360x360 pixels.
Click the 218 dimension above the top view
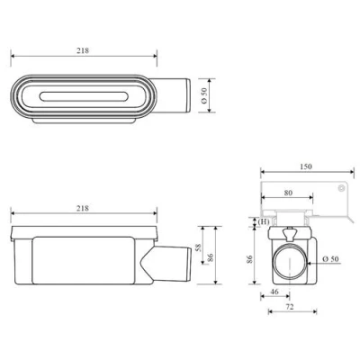point(83,50)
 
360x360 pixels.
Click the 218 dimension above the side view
point(83,208)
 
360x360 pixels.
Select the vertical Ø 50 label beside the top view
point(204,95)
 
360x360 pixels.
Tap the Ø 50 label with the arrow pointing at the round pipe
point(331,259)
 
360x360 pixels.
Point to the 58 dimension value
point(198,247)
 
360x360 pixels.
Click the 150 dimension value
point(306,166)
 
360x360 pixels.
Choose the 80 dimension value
point(288,193)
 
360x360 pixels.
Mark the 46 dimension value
point(274,292)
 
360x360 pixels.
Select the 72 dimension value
point(290,307)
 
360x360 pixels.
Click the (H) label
point(264,221)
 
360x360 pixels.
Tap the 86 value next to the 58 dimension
point(211,257)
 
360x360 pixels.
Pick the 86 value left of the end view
point(250,259)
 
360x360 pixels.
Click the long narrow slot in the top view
point(84,96)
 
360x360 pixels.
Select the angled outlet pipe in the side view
point(166,264)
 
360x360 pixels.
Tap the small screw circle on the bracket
point(340,188)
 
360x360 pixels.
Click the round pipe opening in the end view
point(290,261)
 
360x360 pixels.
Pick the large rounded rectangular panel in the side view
point(83,260)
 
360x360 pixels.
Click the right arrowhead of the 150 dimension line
point(352,172)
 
